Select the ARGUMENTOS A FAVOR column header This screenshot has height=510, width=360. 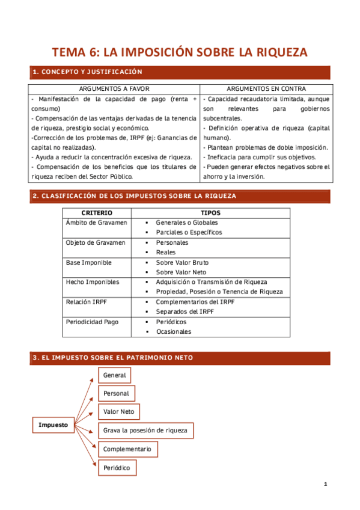point(114,88)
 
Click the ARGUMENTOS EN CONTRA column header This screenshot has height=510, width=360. point(266,88)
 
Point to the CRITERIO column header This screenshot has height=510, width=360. point(97,213)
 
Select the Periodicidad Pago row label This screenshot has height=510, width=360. point(92,322)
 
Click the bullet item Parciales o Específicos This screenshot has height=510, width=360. point(189,232)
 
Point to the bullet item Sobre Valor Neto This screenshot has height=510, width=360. point(181,272)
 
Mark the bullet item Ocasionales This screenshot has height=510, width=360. point(174,331)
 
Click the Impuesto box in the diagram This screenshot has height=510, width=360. point(53,425)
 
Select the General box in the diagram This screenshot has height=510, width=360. point(114,375)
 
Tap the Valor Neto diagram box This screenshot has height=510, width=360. point(119,412)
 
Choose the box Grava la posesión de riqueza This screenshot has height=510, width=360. point(145,430)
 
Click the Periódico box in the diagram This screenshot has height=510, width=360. point(116,467)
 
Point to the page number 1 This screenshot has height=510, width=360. point(325,484)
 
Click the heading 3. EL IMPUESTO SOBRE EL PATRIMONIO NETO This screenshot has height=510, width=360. point(113,358)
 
